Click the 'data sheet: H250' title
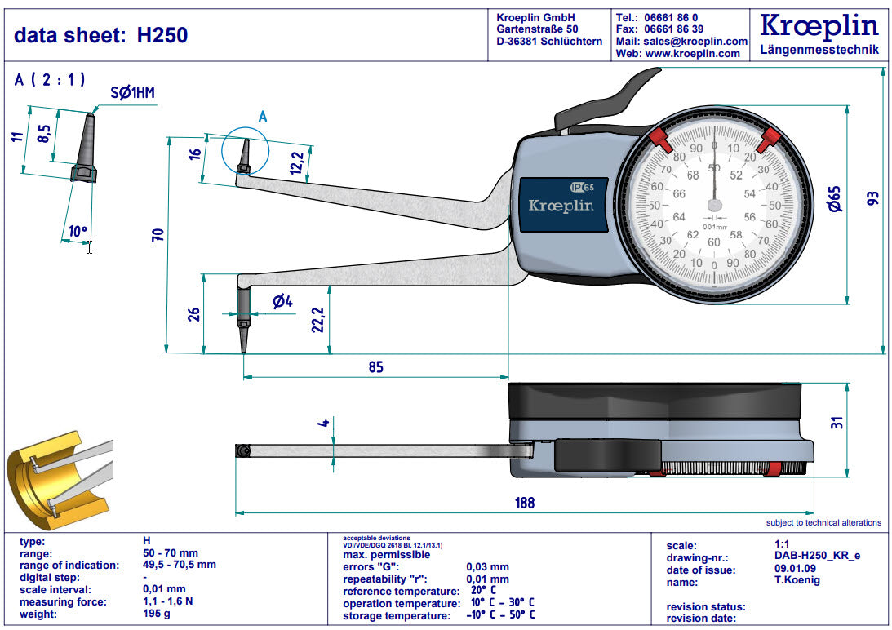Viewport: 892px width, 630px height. (101, 35)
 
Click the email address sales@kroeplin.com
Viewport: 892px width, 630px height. (695, 41)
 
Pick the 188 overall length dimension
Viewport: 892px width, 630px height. (525, 503)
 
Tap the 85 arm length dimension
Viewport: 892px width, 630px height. (375, 367)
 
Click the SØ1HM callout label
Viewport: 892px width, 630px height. (132, 93)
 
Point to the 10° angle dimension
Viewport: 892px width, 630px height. (78, 232)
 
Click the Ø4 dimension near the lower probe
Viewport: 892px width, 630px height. (282, 302)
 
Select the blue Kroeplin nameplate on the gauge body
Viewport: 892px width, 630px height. (562, 205)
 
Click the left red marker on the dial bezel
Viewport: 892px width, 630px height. (659, 140)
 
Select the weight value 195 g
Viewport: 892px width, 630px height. (157, 614)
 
